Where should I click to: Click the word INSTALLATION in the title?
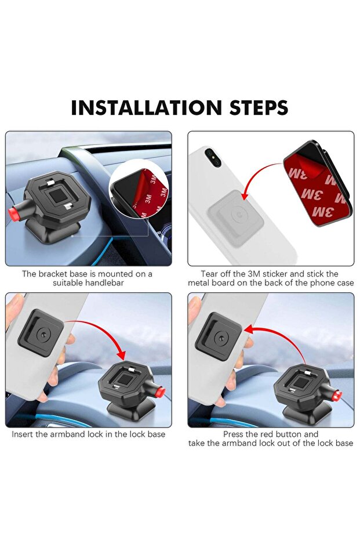[146, 107]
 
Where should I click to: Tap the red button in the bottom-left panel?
[161, 392]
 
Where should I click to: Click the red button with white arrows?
[336, 395]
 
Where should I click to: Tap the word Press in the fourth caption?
[233, 434]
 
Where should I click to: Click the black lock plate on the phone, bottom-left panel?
[41, 333]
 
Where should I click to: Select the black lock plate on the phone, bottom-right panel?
[218, 336]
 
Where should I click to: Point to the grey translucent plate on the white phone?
[236, 218]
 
